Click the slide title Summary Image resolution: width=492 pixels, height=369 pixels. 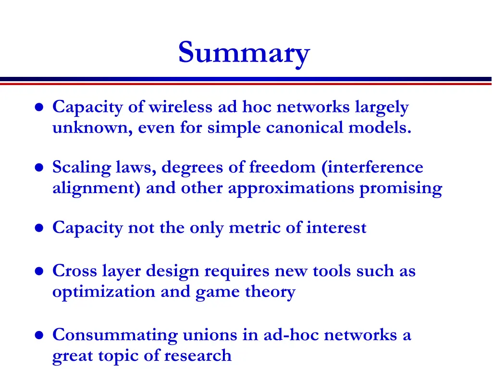(x=244, y=53)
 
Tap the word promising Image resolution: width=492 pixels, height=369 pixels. (x=401, y=188)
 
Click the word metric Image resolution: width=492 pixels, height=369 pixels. (x=255, y=227)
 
